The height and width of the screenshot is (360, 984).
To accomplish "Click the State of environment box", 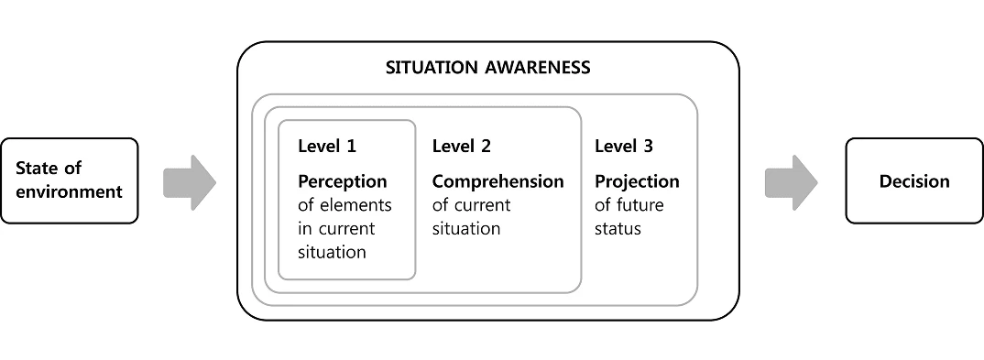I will [x=69, y=180].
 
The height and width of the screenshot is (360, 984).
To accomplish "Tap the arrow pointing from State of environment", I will [x=189, y=181].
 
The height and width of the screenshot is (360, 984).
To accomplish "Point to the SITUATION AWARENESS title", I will [x=487, y=68].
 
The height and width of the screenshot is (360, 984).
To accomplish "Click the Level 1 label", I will [x=327, y=146].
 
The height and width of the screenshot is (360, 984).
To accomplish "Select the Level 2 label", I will [x=462, y=146].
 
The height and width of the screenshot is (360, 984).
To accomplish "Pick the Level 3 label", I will [x=624, y=146].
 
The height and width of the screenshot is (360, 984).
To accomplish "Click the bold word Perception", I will [x=342, y=181].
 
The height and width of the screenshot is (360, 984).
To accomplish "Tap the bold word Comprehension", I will [x=497, y=181].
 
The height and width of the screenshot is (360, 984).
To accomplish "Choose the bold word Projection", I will [x=637, y=181].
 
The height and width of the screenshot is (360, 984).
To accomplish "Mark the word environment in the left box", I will [x=69, y=192].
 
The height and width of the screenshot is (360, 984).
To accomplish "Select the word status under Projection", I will [x=618, y=229].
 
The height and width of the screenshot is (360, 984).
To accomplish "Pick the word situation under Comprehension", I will [x=466, y=229].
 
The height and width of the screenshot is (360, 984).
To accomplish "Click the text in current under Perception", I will [x=336, y=229].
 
